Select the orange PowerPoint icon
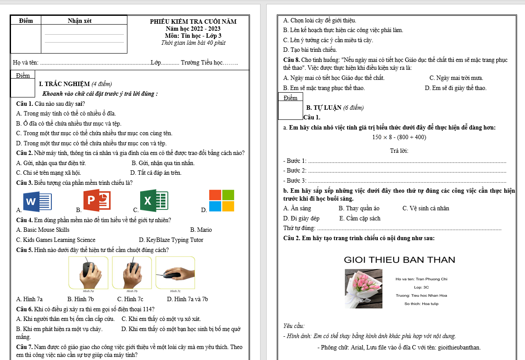tap(97, 200)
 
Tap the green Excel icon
tap(154, 201)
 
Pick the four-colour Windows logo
tap(221, 201)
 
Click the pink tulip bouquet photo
tap(364, 288)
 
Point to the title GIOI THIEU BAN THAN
tap(399, 259)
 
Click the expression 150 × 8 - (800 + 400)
tap(399, 137)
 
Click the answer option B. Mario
tap(201, 230)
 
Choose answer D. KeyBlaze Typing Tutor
tap(171, 240)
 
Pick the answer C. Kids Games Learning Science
tap(56, 240)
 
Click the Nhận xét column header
tap(80, 21)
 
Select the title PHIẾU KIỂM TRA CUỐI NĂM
tap(193, 22)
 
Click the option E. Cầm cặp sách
tap(360, 218)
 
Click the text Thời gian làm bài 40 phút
tap(193, 43)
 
